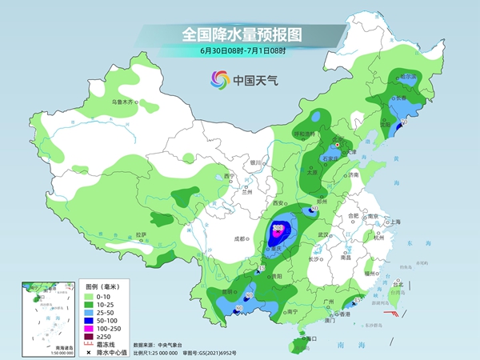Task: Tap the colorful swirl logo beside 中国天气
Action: point(219,79)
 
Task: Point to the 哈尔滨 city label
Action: point(408,77)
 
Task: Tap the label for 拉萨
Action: point(142,234)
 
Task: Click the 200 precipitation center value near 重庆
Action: point(278,229)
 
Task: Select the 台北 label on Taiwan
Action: point(398,282)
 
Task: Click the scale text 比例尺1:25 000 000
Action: point(164,350)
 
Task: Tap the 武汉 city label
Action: point(323,234)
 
